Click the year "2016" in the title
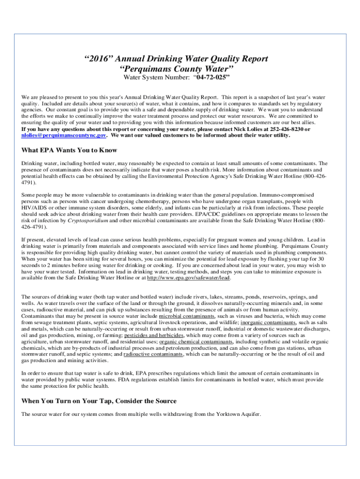click(x=97, y=58)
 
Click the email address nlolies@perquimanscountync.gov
click(x=64, y=135)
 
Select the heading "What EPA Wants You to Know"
click(x=69, y=151)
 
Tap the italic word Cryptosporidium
click(x=86, y=220)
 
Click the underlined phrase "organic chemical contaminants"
click(x=196, y=342)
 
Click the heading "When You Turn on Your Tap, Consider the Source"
click(x=99, y=401)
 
